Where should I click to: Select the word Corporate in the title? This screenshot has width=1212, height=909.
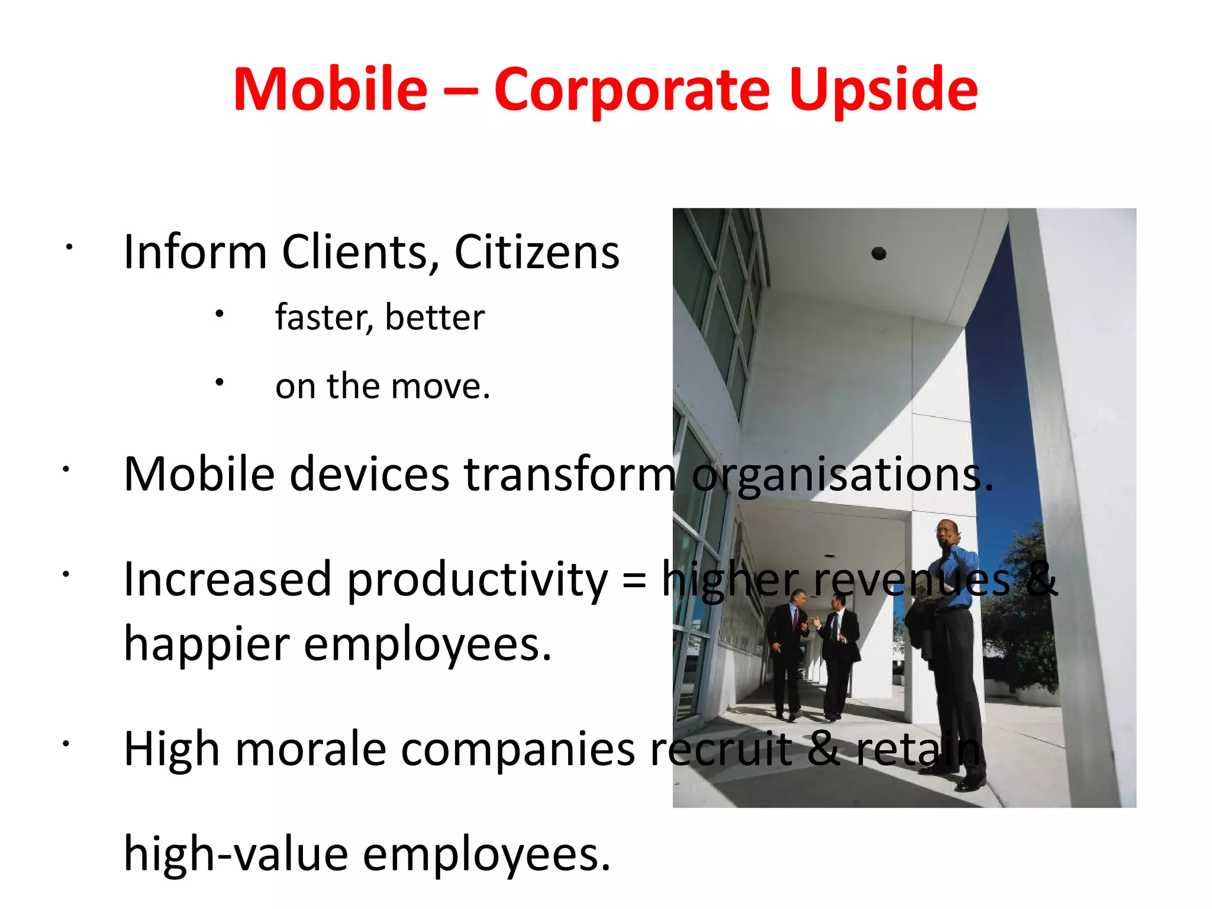pos(632,90)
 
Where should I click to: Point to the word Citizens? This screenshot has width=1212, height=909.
pos(537,252)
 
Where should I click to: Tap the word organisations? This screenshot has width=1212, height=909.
pos(842,475)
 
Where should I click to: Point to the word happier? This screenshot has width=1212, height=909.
pos(207,644)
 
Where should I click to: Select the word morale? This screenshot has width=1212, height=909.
pos(311,749)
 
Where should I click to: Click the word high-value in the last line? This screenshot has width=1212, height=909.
pos(236,854)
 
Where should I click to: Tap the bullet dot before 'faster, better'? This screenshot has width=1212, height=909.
pos(220,314)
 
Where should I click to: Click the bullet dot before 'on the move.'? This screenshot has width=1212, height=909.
pos(220,382)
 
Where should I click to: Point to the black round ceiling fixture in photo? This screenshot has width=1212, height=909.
pos(879,254)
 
